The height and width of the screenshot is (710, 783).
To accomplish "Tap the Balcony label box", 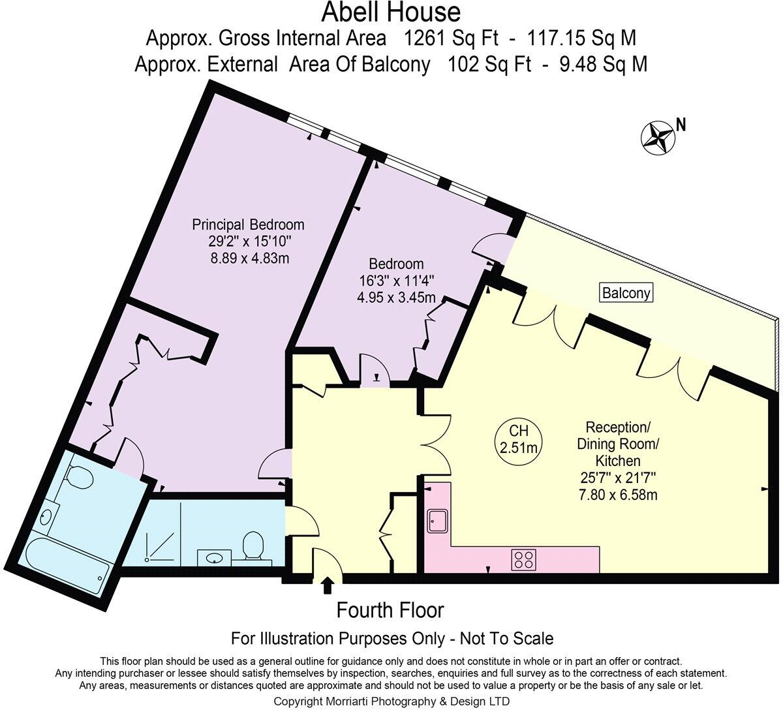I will pyautogui.click(x=626, y=293).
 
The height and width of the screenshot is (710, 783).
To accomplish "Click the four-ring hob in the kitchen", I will pyautogui.click(x=523, y=559).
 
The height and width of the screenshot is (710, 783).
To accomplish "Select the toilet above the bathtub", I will pyautogui.click(x=80, y=478).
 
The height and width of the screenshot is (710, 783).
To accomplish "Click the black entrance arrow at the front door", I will pyautogui.click(x=327, y=585).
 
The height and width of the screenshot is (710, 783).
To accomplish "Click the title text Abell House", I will pyautogui.click(x=391, y=12).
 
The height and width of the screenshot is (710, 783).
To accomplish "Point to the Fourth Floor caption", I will pyautogui.click(x=390, y=610).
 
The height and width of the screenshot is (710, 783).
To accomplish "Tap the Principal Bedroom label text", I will pyautogui.click(x=248, y=224).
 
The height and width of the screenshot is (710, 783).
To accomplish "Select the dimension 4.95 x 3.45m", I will pyautogui.click(x=395, y=298).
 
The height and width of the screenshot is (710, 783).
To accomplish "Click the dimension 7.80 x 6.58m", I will pyautogui.click(x=617, y=495).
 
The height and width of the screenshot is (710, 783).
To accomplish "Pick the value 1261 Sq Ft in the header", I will pyautogui.click(x=451, y=39).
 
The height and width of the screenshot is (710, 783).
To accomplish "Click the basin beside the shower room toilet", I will pyautogui.click(x=214, y=557).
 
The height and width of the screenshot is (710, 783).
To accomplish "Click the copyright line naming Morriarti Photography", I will pyautogui.click(x=391, y=701).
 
